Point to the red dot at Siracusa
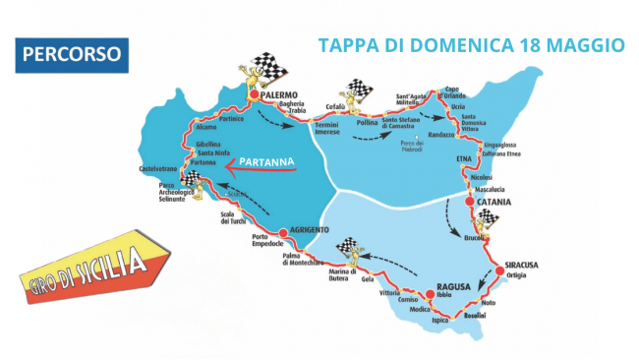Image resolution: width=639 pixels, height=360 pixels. (x=496, y=267)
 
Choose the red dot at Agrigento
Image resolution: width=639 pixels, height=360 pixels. (x=282, y=233)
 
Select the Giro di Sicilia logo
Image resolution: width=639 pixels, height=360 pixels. (x=94, y=268)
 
